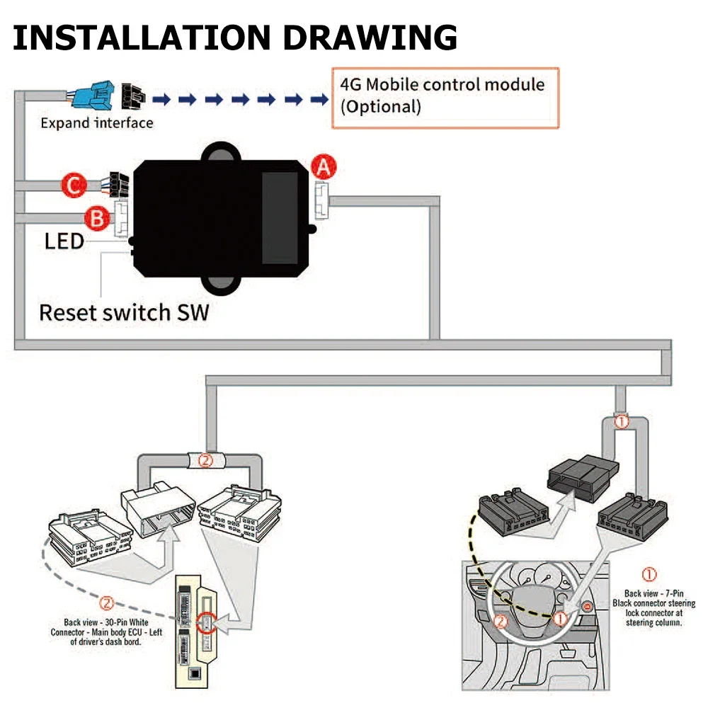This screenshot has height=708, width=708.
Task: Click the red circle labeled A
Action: coord(324,167)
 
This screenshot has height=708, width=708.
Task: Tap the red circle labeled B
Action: coord(97,218)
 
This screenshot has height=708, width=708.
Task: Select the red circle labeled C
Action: coord(74,185)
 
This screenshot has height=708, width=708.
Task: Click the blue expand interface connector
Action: coord(93,96)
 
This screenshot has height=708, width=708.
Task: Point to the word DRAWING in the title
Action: coord(370,38)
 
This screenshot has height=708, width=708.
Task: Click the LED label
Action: coord(64,241)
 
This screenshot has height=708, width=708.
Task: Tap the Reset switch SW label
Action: coord(124,312)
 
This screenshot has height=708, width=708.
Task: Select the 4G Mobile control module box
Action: coord(445,98)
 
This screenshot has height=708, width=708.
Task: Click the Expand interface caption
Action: coord(96,122)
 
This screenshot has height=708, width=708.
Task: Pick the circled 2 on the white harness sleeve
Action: coord(205,461)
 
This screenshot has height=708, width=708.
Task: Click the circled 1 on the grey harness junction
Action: coord(622,421)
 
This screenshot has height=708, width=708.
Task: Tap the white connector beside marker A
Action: coord(321,200)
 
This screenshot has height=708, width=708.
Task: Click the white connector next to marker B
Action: coord(120,218)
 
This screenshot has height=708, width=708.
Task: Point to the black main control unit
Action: coord(221,219)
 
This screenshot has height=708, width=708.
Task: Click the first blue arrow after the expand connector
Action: coord(161,99)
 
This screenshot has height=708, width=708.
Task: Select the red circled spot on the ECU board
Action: coord(206,623)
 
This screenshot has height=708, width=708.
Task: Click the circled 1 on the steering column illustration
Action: coord(560,619)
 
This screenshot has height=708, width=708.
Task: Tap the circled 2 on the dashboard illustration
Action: coord(501,622)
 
